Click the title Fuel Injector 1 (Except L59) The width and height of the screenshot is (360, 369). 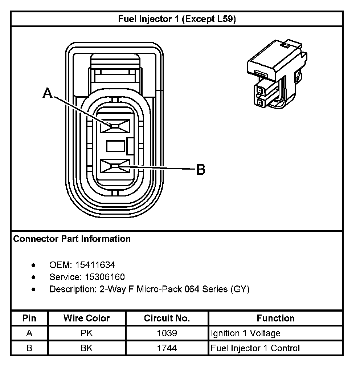point(177,19)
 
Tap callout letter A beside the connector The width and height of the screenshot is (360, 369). point(47,93)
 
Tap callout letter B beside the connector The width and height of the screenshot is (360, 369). point(201,169)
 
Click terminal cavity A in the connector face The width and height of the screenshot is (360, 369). point(115,126)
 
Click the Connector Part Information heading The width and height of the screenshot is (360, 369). point(72,239)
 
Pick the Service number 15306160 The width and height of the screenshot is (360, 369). point(105,277)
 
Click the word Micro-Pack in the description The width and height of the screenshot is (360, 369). point(160,289)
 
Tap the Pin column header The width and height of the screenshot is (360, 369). point(29,319)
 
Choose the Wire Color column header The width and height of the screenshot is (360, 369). point(87,319)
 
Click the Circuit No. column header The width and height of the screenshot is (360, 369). point(167,319)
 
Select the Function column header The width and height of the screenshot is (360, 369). point(276,319)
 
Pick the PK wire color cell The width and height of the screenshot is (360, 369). point(87,333)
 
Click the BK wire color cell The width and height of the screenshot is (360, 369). point(87,348)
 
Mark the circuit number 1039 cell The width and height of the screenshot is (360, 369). point(167,333)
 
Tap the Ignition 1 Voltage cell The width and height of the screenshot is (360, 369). point(246,333)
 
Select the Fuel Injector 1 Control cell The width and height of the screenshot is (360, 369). point(255,348)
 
